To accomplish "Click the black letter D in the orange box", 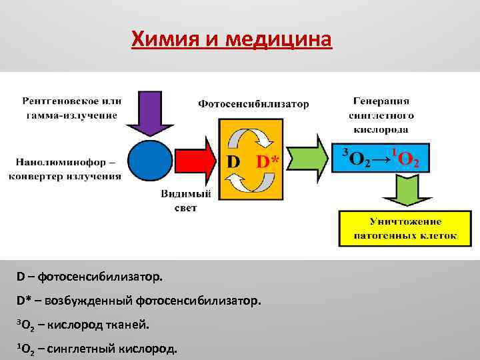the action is click(x=233, y=162).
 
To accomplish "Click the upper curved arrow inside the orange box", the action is click(x=251, y=138).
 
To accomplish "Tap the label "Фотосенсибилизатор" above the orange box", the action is click(x=253, y=104).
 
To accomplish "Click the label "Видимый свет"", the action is click(x=186, y=201).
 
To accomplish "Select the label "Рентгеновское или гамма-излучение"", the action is click(x=72, y=107).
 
